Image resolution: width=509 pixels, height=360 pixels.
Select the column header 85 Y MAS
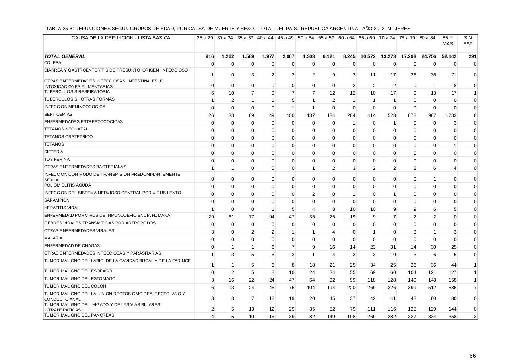tap(447, 41)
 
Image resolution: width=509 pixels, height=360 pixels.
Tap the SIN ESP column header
tap(468, 41)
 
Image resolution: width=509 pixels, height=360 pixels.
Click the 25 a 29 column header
tap(204, 38)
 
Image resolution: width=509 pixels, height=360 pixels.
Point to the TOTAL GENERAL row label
tap(64, 56)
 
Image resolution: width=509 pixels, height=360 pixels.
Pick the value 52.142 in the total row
tap(449, 56)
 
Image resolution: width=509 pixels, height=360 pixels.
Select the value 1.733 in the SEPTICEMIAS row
tap(451, 115)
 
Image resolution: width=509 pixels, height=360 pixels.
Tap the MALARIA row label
tap(53, 238)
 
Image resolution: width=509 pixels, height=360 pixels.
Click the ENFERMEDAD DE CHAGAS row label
tap(66, 246)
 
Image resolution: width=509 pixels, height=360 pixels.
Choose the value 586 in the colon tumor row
tap(453, 287)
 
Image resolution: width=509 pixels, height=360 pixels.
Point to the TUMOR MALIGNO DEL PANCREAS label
tap(79, 315)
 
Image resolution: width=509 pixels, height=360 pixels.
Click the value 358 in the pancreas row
tap(453, 317)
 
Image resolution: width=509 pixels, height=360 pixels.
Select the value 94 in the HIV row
tap(271, 217)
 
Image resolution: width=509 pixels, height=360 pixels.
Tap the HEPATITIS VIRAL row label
tap(62, 208)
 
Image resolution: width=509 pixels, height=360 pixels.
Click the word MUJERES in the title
tap(399, 29)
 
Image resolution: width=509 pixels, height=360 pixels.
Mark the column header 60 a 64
tap(346, 38)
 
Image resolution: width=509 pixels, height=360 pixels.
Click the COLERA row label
tap(52, 63)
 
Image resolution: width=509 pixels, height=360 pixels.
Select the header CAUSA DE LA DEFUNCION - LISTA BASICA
tap(120, 38)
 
